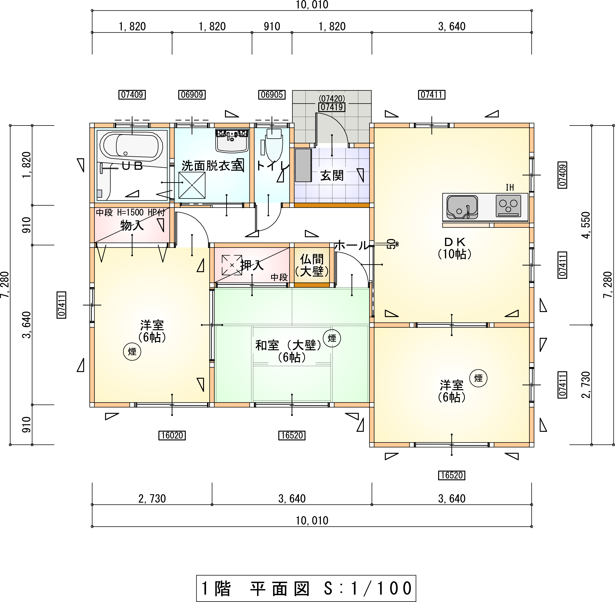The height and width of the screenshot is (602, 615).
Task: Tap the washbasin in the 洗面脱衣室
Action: (x=232, y=140)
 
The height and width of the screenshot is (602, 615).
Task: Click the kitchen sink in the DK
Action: (x=462, y=207)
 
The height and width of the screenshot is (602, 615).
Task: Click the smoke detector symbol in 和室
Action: (x=332, y=338)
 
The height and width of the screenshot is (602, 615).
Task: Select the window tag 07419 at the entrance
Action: (x=332, y=107)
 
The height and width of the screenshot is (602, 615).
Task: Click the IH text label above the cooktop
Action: (x=510, y=188)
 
